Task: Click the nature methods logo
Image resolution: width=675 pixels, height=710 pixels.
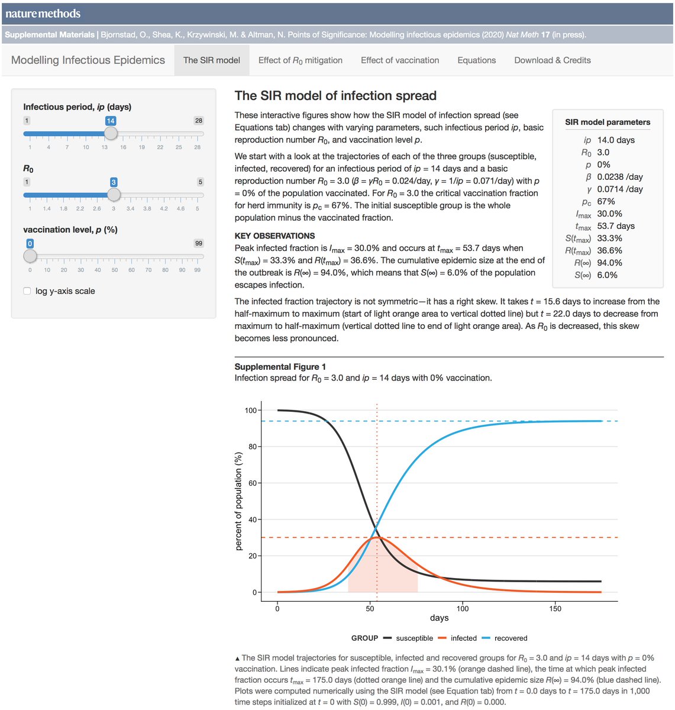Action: (43, 14)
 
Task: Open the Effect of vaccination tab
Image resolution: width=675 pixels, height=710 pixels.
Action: (400, 60)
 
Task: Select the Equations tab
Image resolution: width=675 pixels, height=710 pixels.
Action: (476, 60)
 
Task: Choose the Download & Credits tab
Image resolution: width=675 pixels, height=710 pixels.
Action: (552, 60)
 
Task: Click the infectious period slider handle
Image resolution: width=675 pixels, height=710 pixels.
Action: (111, 134)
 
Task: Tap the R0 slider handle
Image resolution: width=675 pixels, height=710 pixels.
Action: (114, 195)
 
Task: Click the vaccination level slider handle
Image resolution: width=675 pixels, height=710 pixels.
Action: (30, 256)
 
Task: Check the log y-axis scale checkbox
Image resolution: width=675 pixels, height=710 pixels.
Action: (27, 291)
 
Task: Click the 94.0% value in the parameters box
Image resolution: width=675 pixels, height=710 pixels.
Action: (609, 263)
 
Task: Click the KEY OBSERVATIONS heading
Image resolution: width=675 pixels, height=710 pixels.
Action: (274, 235)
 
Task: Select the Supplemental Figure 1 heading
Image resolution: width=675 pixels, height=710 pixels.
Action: (280, 367)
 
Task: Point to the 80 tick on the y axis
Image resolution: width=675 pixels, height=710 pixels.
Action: (253, 447)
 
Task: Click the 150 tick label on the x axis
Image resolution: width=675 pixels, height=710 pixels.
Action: (555, 608)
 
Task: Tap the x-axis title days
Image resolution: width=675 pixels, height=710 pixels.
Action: (439, 618)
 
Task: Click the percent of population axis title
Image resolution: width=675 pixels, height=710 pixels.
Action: (239, 501)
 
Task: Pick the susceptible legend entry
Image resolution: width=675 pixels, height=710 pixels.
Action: (414, 638)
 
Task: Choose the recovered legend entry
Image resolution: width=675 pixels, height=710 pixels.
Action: (511, 638)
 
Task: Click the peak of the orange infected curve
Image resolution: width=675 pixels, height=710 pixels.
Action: (377, 537)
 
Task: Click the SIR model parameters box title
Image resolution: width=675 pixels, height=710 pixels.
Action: (608, 122)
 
